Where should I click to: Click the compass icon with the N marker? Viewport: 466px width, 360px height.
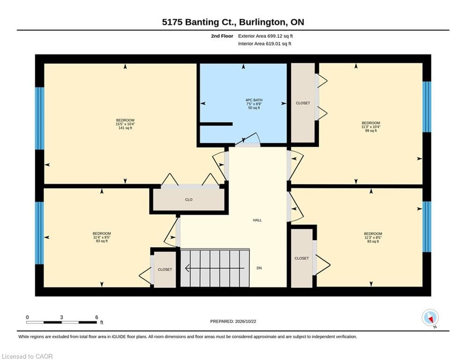[430, 318]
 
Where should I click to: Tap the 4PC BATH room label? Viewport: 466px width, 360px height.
[254, 104]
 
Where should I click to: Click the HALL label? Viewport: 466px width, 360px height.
[258, 220]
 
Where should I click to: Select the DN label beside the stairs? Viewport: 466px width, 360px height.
[259, 268]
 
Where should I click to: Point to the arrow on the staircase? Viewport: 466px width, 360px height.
[215, 269]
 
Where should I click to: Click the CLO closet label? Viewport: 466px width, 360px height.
[189, 200]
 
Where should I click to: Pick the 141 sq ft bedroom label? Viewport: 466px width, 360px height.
[125, 124]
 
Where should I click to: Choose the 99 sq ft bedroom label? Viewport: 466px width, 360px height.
[371, 127]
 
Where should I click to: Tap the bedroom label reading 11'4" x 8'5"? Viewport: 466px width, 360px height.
[102, 237]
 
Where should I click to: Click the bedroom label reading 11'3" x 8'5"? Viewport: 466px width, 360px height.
[373, 238]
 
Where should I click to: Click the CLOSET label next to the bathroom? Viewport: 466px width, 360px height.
[303, 103]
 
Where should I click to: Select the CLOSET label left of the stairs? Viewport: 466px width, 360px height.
[165, 270]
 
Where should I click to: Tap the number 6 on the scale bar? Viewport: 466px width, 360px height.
[96, 317]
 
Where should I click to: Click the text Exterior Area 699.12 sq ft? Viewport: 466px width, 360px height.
[266, 36]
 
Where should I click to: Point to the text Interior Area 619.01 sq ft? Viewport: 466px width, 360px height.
[265, 44]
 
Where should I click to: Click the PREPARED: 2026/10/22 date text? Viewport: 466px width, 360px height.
[233, 321]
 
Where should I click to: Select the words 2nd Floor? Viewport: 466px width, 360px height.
[222, 36]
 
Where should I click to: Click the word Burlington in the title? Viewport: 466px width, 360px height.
[261, 22]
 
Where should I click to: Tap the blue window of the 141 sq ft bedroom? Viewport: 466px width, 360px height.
[39, 118]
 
